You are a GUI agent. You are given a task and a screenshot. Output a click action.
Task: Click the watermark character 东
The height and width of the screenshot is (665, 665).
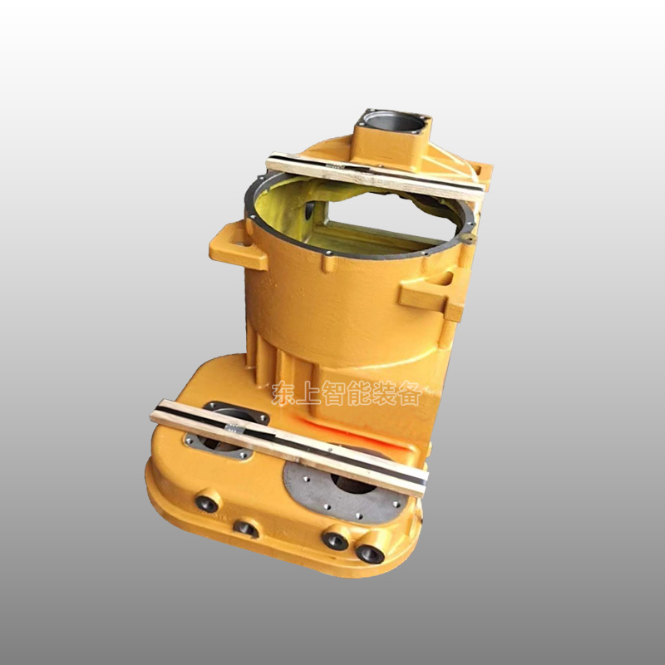click(x=283, y=393)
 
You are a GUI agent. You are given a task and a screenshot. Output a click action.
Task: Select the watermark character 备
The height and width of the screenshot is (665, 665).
click(x=410, y=393)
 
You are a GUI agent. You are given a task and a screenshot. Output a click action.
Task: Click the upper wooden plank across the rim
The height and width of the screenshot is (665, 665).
click(x=375, y=177)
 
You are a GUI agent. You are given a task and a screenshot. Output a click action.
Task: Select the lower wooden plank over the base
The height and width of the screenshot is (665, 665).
click(x=288, y=448)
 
